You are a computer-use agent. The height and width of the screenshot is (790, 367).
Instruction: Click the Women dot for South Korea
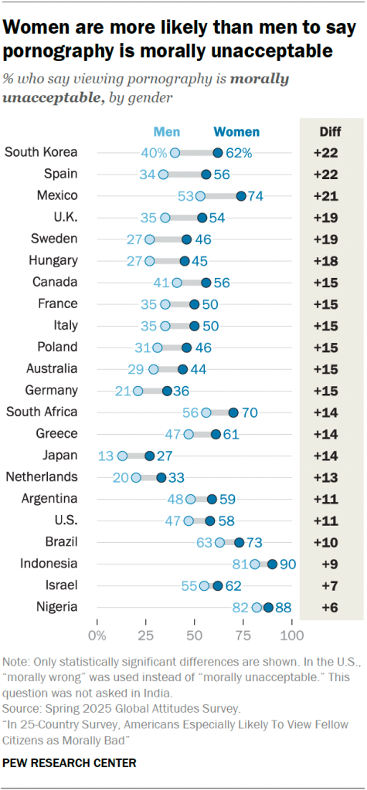pyautogui.click(x=218, y=152)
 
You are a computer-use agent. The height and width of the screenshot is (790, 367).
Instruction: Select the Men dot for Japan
pyautogui.click(x=123, y=456)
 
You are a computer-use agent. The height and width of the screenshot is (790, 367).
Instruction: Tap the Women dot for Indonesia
pyautogui.click(x=272, y=564)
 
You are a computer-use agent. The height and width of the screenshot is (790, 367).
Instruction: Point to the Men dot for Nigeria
pyautogui.click(x=257, y=608)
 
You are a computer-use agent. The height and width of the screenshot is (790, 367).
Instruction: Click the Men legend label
pyautogui.click(x=167, y=131)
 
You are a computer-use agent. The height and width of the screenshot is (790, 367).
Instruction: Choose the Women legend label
pyautogui.click(x=236, y=131)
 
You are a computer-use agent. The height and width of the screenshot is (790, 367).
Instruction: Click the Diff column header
pyautogui.click(x=330, y=131)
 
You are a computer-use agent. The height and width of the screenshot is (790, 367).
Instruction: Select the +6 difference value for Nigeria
pyautogui.click(x=330, y=608)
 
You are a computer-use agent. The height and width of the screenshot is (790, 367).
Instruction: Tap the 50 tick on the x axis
pyautogui.click(x=194, y=636)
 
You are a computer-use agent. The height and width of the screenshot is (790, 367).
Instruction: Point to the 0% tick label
pyautogui.click(x=97, y=636)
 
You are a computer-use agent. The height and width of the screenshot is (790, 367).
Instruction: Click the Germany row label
pyautogui.click(x=52, y=391)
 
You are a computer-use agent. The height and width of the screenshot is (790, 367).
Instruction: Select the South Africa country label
pyautogui.click(x=41, y=412)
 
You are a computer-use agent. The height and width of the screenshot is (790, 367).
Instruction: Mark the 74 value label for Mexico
pyautogui.click(x=256, y=196)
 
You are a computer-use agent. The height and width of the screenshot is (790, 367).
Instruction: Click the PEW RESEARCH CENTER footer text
pyautogui.click(x=70, y=763)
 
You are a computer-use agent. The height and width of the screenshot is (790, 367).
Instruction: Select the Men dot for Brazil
pyautogui.click(x=219, y=542)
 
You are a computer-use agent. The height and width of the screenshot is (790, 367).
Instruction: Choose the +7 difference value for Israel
pyautogui.click(x=330, y=585)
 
